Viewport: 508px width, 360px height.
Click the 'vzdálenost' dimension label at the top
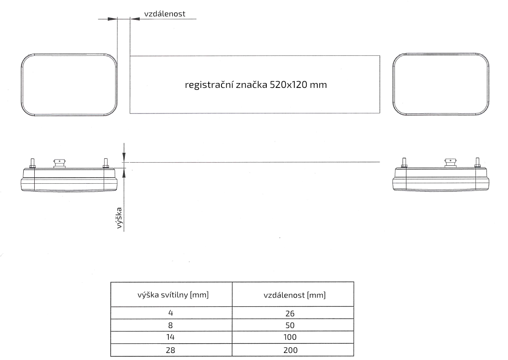click(164, 14)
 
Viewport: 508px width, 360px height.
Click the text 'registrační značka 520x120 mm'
click(257, 85)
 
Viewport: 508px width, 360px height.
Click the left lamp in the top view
click(69, 85)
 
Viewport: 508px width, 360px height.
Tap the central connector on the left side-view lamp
click(59, 164)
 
